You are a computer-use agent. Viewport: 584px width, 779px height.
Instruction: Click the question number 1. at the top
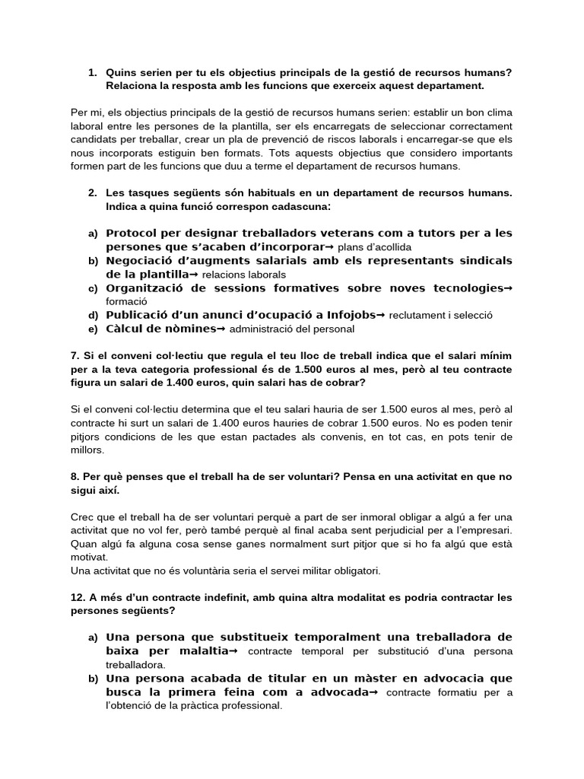click(x=92, y=73)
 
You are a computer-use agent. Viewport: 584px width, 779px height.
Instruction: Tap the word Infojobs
click(x=352, y=315)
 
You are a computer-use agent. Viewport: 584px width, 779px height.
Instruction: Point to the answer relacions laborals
click(x=244, y=275)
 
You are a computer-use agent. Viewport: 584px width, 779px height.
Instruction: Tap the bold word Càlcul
click(x=125, y=329)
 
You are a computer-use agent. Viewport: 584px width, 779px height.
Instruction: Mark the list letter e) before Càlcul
click(x=93, y=329)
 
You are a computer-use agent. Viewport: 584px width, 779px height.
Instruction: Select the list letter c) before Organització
click(x=93, y=288)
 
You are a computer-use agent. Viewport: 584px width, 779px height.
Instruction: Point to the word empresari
click(x=484, y=529)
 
